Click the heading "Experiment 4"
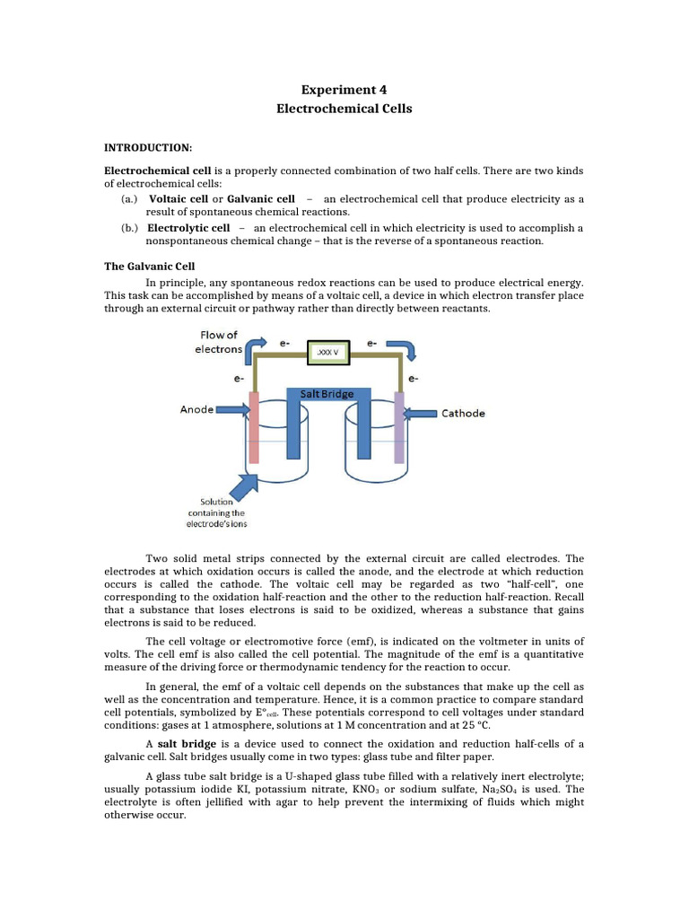coord(344,89)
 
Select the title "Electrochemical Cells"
coord(344,109)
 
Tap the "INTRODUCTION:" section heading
coord(149,147)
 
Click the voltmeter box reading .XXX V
coord(327,353)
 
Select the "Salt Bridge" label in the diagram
coord(327,394)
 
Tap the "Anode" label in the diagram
coord(196,409)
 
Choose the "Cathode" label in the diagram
coord(463,413)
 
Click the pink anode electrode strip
coord(254,426)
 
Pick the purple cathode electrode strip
coord(398,426)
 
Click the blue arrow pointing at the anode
coord(230,409)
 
